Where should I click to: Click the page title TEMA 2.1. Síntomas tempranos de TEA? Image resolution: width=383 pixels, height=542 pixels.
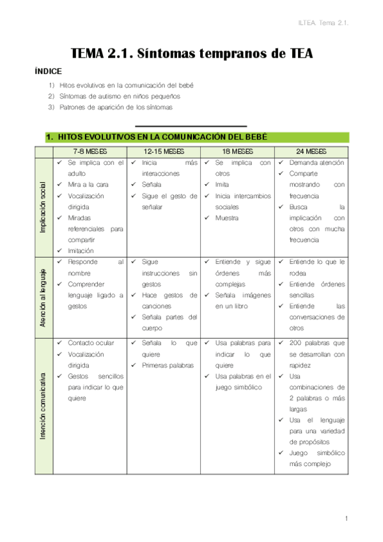191,54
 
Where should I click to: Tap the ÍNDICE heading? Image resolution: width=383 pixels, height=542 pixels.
48,72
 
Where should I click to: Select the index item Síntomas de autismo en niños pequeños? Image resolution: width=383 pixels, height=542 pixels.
120,96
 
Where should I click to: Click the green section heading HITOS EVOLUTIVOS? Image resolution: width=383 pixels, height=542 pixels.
157,137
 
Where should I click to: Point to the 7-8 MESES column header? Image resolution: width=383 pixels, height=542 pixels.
90,151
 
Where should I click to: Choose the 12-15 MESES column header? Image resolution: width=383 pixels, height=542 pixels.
164,151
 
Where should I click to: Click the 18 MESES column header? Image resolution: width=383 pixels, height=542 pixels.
237,151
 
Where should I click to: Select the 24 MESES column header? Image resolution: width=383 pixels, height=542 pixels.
311,151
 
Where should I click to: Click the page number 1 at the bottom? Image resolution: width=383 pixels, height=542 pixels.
345,518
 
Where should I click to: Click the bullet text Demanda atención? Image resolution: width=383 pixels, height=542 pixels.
317,163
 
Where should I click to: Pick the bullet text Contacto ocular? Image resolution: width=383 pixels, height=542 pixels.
90,343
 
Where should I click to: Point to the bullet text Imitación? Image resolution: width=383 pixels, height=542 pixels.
81,251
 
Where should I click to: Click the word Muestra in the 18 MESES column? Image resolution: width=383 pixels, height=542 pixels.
227,218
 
